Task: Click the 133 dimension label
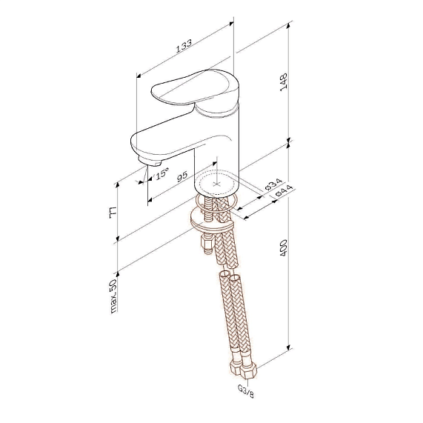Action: (x=184, y=45)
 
